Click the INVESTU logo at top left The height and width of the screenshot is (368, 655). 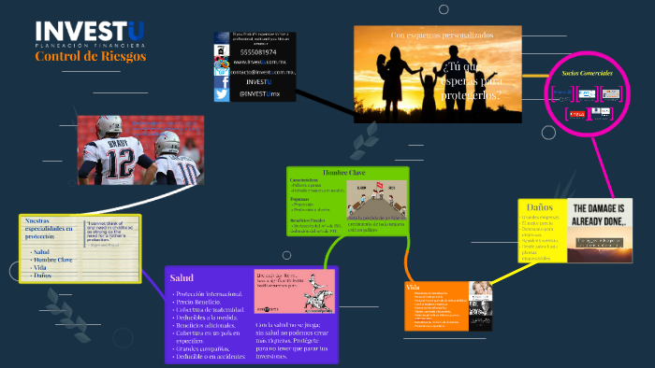[90, 32]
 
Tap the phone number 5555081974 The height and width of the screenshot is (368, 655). [258, 52]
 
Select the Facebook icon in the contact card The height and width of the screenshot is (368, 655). [222, 82]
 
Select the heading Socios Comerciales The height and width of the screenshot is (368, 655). [587, 73]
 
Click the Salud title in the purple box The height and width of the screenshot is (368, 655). [182, 277]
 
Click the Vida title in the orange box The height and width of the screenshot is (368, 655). [414, 286]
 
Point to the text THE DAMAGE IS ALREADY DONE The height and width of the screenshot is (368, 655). [600, 215]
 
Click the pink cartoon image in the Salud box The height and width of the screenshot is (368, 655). [294, 292]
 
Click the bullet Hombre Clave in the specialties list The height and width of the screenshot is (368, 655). [52, 260]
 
